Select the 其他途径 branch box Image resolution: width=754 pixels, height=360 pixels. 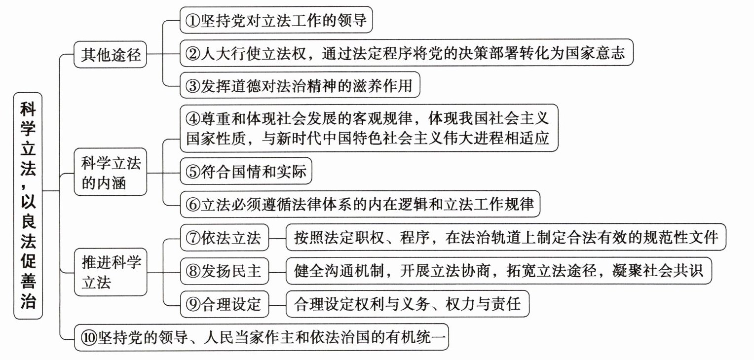click(x=111, y=55)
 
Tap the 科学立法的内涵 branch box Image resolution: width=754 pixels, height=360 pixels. click(x=111, y=174)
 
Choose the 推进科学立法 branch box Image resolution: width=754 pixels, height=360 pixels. click(x=111, y=272)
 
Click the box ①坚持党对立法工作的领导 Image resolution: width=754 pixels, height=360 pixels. click(x=275, y=20)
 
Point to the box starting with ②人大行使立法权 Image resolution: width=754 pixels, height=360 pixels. click(x=406, y=53)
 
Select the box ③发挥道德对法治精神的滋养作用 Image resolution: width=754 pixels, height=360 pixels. click(x=300, y=86)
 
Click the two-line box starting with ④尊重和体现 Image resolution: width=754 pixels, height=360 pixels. click(x=368, y=128)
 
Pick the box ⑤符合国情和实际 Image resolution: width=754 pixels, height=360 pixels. click(x=246, y=171)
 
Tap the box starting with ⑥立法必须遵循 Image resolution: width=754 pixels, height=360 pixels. click(x=360, y=204)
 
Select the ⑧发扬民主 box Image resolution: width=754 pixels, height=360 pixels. click(x=224, y=271)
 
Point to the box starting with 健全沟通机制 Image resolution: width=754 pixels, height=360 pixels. click(x=499, y=271)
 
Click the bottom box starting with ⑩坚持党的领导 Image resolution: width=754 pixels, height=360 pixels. click(x=262, y=338)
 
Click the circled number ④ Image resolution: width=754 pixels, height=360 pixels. click(x=193, y=119)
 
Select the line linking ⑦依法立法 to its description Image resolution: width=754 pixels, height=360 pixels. click(x=278, y=238)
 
